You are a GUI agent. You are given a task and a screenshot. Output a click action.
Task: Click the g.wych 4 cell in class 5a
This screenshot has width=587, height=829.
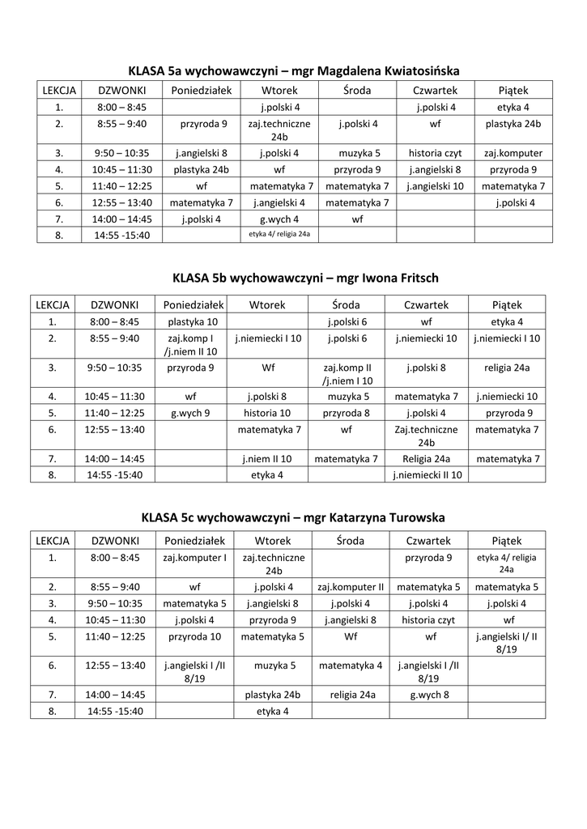[279, 219]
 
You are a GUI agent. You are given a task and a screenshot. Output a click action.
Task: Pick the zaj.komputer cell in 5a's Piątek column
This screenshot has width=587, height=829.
[513, 152]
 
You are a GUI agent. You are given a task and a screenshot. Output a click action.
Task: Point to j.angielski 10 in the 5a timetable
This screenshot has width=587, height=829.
[436, 185]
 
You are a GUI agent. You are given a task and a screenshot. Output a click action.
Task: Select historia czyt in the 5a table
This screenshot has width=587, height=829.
[436, 152]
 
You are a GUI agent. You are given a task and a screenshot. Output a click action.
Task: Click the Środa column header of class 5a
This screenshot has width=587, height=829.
[357, 90]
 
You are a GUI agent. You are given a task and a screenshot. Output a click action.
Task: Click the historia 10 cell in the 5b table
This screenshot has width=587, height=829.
[267, 412]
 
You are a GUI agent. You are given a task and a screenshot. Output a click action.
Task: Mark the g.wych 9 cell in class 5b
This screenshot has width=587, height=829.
[191, 412]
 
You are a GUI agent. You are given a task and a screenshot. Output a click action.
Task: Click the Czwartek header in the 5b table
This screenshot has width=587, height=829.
[427, 304]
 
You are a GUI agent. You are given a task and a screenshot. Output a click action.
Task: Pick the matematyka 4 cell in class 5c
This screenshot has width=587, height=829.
[351, 665]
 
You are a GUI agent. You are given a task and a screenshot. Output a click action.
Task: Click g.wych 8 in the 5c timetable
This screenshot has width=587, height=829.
[429, 695]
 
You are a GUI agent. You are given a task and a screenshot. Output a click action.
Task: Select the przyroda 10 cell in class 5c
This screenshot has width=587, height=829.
[194, 636]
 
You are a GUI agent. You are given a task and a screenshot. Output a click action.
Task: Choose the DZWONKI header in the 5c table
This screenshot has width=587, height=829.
[116, 540]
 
